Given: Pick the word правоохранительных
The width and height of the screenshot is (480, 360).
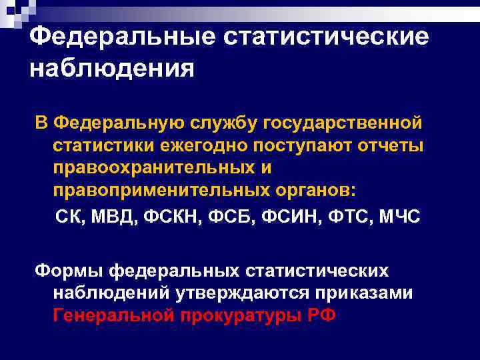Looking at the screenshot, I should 154,167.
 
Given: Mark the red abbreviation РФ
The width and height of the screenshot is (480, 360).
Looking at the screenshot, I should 320,314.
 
